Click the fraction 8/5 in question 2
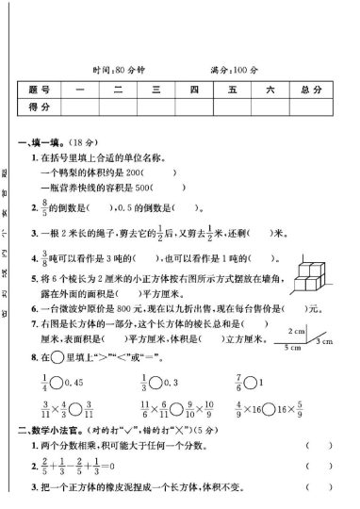click(x=45, y=206)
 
